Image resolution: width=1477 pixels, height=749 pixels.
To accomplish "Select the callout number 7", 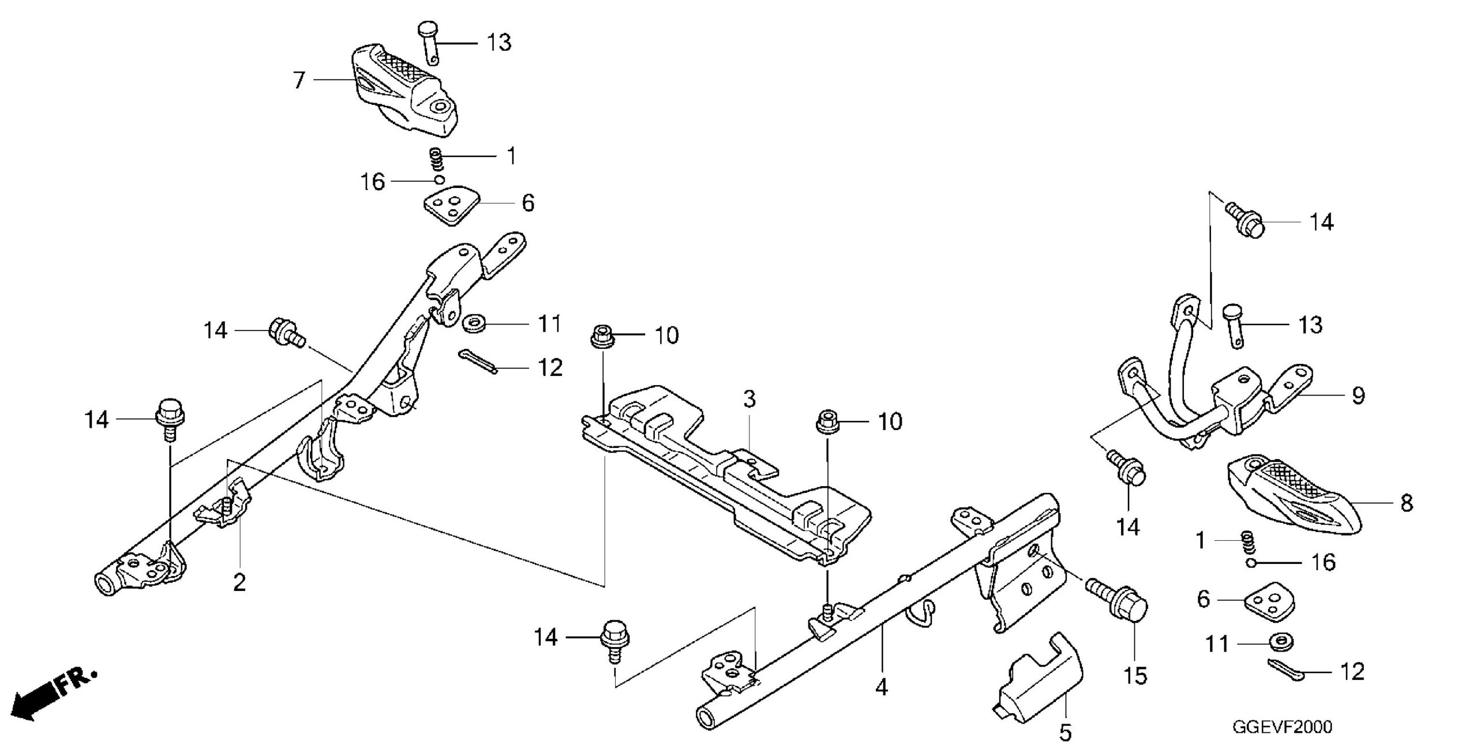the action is coord(298,80).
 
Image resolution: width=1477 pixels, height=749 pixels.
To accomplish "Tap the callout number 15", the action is coord(1135,675).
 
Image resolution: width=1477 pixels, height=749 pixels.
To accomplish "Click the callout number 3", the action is coord(749,399).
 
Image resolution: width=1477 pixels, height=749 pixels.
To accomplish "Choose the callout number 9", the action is coord(1359,396).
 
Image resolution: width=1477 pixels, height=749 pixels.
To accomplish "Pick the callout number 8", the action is coord(1407,503).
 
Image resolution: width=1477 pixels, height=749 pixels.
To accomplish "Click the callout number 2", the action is coord(239,582).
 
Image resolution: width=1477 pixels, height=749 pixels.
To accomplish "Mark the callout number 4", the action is coord(881,687).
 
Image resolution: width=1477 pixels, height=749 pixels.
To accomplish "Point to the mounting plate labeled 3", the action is coord(726,473).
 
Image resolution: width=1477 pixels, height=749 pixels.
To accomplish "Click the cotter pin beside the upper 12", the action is coord(478,362).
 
